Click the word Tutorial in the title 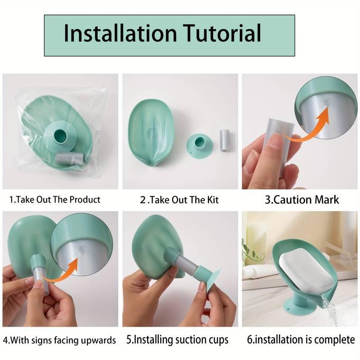point(222,34)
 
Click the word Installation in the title point(120,34)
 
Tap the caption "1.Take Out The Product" point(55,199)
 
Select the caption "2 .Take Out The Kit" point(180,199)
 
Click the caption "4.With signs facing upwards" point(59,340)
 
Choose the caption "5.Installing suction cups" point(180,340)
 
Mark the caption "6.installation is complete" point(301,340)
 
